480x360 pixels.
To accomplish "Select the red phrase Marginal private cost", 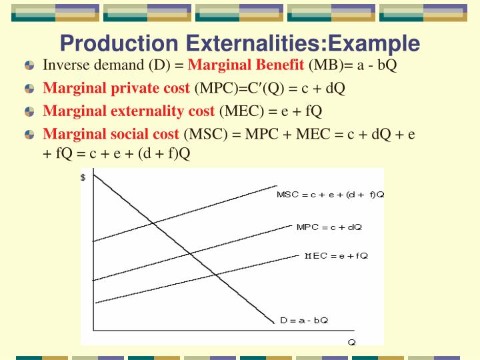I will coord(117,88).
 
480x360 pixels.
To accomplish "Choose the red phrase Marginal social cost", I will coord(111,133).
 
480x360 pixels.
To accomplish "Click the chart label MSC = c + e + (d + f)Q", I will coord(330,195).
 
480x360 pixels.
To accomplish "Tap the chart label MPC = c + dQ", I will coord(329,227).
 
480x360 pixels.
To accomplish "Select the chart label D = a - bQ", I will coord(304,320).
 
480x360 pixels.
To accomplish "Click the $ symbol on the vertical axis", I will coord(83,177).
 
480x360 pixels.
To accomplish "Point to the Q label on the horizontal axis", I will coord(351,341).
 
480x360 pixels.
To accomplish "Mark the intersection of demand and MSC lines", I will coord(154,223).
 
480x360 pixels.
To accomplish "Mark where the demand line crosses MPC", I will coord(191,253).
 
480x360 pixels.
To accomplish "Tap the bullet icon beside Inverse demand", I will coord(29,66).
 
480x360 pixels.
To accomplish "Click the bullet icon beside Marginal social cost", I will coord(29,134).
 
